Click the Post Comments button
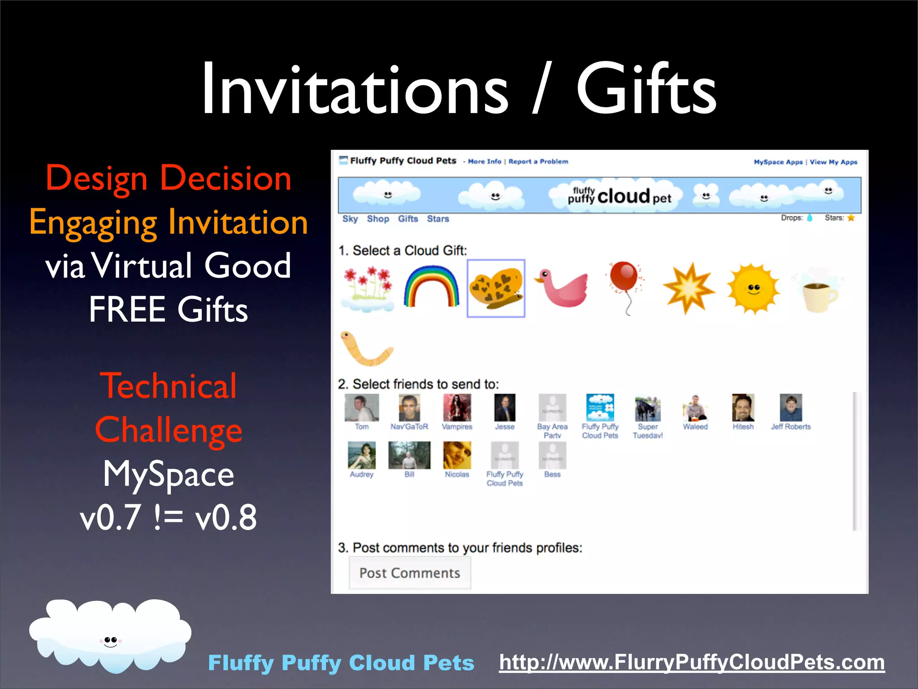(410, 573)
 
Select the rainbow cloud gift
(432, 287)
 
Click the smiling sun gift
(753, 288)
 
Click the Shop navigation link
(378, 219)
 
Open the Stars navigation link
(437, 219)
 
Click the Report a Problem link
(538, 161)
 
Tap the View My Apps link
(833, 162)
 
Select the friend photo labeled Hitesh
(743, 408)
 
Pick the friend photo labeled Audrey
(361, 455)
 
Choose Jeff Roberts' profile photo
(791, 408)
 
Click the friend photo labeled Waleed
(695, 408)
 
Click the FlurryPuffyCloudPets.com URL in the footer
(692, 662)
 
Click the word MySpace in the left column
(169, 474)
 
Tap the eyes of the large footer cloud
(110, 640)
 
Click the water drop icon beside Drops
(810, 218)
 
